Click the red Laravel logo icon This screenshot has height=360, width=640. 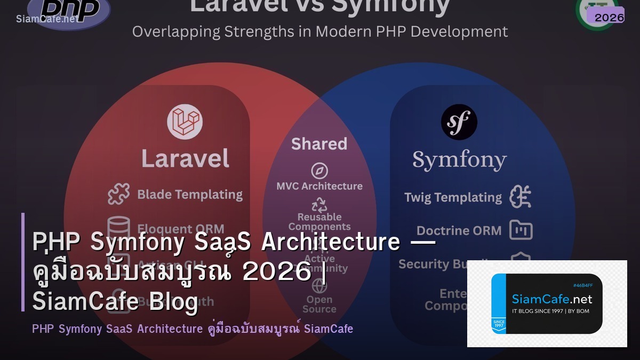coord(185,122)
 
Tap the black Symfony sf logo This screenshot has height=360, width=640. coord(459,122)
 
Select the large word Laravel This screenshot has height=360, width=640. coord(185,158)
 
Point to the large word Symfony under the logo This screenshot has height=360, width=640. coord(459,159)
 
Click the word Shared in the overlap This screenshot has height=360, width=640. coord(319,143)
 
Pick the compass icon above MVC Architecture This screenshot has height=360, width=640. coord(319,171)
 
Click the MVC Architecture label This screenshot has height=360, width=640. coord(319,186)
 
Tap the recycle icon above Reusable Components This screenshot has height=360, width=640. coord(319,205)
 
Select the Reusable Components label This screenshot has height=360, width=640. coord(319,221)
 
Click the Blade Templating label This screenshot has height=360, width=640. coord(190,195)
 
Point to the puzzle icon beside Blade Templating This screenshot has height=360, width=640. coord(118,195)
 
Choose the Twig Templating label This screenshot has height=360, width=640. coord(453,197)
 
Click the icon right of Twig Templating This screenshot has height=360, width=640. coord(520,197)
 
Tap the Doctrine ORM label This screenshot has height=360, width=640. coord(459,230)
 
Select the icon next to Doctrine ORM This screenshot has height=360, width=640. coord(521,230)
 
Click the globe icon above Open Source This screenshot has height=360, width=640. coord(319,286)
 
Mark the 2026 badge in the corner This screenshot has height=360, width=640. coord(609,17)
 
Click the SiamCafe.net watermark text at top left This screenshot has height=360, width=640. coord(46,19)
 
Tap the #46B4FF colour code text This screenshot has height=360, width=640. coord(582,285)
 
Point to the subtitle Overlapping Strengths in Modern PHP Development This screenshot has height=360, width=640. coord(320,31)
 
